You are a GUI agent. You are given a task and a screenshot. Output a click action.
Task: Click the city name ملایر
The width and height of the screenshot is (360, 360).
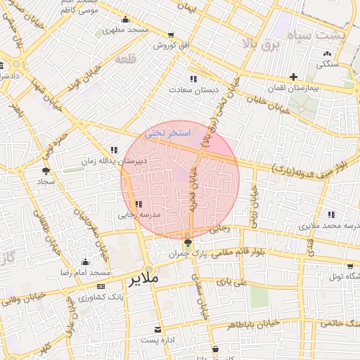(x=144, y=279)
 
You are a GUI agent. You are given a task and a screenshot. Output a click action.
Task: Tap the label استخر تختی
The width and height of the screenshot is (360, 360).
(x=165, y=132)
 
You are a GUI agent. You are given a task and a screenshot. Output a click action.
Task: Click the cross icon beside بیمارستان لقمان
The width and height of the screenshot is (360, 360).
(x=293, y=77)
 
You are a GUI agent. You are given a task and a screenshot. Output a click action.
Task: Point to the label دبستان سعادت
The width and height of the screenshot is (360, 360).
(x=193, y=90)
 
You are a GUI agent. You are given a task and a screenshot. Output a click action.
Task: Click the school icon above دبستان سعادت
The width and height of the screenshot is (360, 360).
(x=193, y=79)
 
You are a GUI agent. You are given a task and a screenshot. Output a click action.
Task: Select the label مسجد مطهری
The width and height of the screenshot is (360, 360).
(x=124, y=30)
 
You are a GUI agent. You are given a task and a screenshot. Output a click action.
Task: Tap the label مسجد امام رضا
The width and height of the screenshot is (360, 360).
(x=89, y=271)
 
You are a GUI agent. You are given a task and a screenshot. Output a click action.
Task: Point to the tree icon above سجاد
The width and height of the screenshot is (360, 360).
(x=46, y=169)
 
